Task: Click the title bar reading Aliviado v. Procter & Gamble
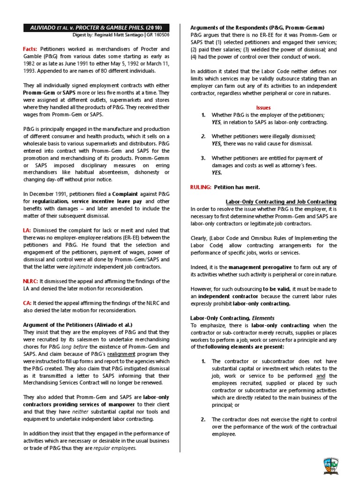click(97, 27)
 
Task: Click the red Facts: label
click(30, 49)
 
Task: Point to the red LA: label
click(27, 230)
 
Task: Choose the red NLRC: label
click(30, 281)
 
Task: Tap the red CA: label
click(27, 303)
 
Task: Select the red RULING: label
click(201, 187)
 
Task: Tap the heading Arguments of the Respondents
click(257, 27)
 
